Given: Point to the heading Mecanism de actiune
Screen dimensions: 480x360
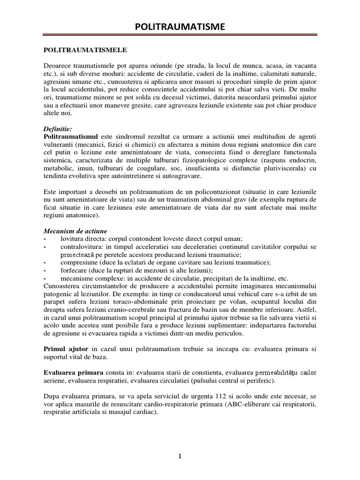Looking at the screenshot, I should (75, 232).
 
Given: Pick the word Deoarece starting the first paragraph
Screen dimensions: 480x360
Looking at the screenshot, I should (59, 65).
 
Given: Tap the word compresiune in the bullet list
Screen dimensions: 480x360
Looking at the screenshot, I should (79, 263).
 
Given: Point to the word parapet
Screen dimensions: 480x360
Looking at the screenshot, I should (55, 303).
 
